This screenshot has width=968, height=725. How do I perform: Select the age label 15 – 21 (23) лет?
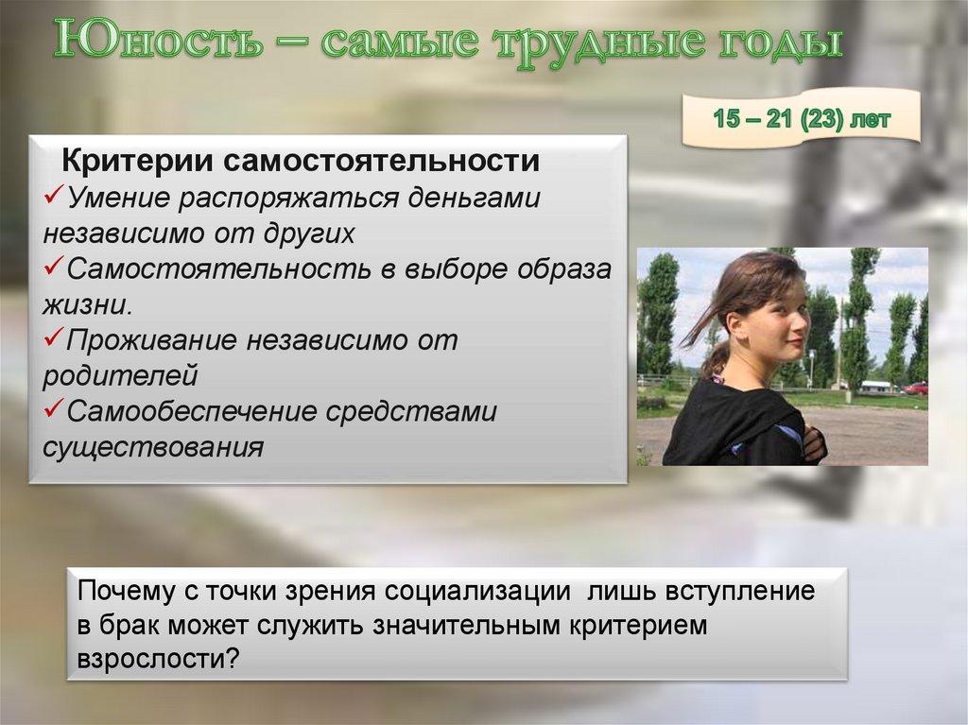(802, 120)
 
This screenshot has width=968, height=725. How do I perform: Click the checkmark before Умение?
(54, 198)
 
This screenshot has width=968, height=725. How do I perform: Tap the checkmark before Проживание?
(54, 339)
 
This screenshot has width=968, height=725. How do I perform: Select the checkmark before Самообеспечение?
(54, 410)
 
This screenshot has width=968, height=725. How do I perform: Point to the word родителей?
(120, 375)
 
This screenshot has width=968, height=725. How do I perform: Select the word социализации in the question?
(477, 592)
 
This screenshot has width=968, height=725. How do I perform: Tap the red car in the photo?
(914, 388)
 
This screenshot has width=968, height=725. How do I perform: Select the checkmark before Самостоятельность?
(54, 268)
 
